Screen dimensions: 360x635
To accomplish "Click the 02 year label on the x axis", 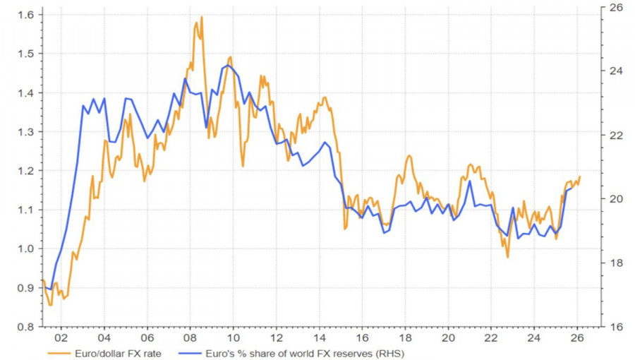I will pyautogui.click(x=61, y=337).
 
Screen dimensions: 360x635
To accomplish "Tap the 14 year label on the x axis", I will pyautogui.click(x=320, y=337).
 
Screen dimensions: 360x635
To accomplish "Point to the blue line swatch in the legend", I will pyautogui.click(x=190, y=352).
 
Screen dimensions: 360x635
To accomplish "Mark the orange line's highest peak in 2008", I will pyautogui.click(x=202, y=17).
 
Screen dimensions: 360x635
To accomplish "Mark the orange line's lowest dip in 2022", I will pyautogui.click(x=507, y=258).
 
